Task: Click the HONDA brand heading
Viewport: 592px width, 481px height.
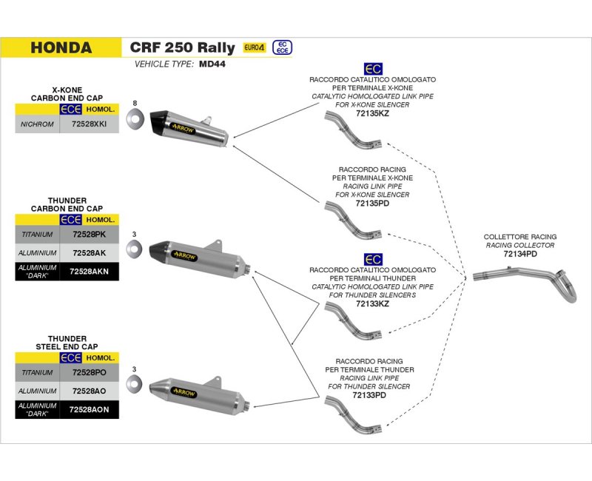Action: point(61,47)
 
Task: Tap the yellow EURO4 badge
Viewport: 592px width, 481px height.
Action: point(255,47)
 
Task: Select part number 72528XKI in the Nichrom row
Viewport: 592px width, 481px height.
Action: point(89,124)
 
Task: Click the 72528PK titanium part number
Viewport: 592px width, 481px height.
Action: point(89,235)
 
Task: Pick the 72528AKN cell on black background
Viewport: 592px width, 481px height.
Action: point(89,272)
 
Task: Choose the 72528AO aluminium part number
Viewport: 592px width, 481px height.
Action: point(89,391)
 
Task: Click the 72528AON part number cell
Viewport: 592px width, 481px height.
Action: point(89,410)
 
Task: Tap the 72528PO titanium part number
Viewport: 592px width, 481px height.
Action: point(89,373)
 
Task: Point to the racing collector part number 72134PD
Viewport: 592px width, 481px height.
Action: point(520,254)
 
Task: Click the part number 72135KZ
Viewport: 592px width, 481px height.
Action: point(372,113)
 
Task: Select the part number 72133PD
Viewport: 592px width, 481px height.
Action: point(369,395)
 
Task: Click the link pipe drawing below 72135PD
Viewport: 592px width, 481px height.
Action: point(354,220)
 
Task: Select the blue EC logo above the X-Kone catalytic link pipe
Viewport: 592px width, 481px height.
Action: point(373,69)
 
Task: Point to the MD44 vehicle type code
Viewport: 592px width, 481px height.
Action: point(212,64)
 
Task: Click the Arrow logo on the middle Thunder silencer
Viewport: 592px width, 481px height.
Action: point(184,256)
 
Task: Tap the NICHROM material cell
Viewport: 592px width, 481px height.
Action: point(37,124)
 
